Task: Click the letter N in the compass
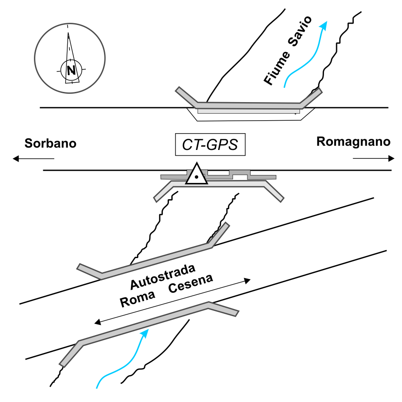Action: [71, 71]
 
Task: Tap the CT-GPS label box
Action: [210, 145]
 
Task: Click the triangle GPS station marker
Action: [196, 175]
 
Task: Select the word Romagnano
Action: [353, 142]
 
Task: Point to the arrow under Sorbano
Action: [33, 159]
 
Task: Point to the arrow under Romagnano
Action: [374, 159]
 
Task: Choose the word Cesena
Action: [191, 285]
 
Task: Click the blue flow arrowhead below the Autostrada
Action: [147, 332]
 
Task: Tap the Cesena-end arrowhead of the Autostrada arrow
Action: [247, 280]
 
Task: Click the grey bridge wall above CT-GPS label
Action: [248, 105]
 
